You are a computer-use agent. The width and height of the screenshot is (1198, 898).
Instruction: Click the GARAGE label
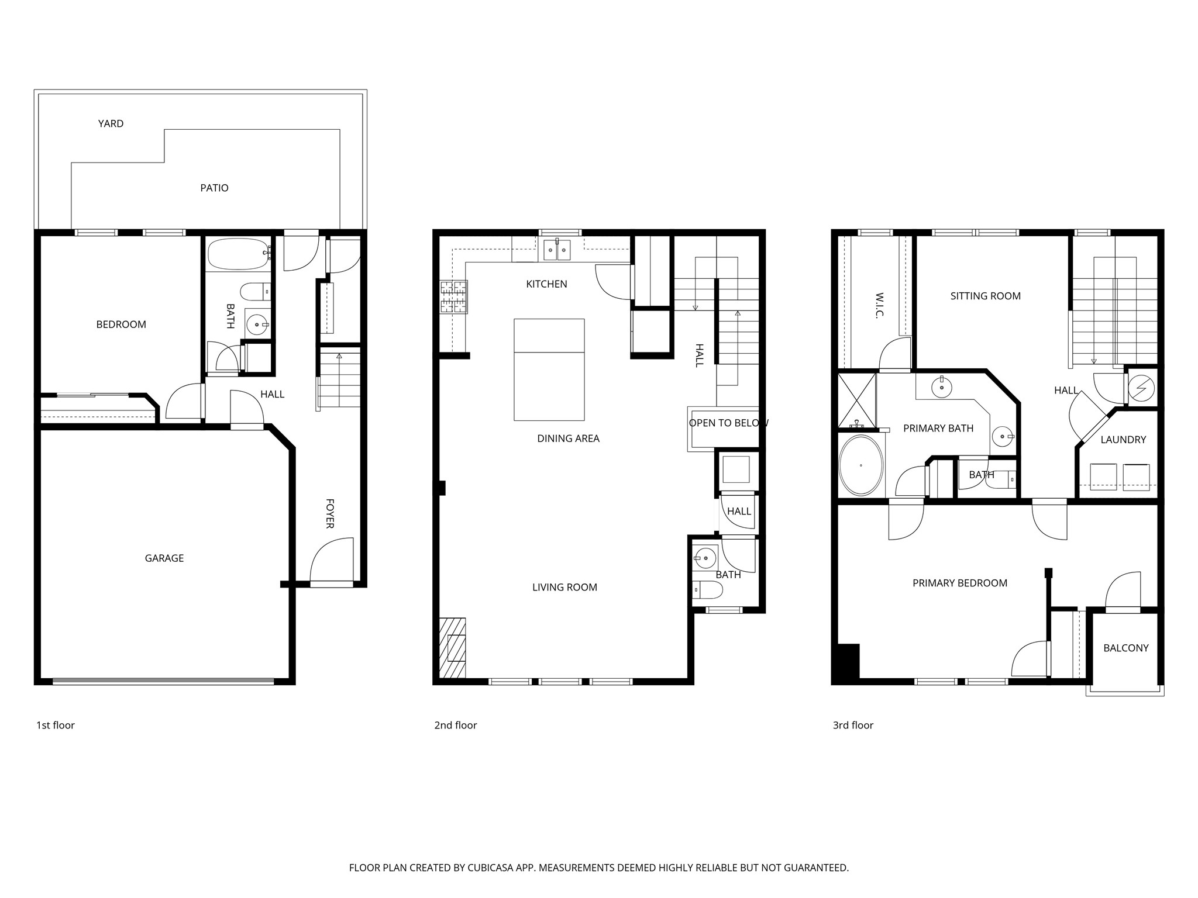164,558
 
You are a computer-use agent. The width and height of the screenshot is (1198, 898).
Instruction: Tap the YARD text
111,123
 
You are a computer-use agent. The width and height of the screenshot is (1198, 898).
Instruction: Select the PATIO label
214,188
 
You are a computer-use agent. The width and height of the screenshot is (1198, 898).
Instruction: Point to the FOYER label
330,513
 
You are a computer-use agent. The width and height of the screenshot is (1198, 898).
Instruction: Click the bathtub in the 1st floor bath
239,254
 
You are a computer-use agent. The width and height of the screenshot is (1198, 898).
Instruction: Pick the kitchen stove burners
454,297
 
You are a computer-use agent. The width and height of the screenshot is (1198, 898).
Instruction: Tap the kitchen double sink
556,250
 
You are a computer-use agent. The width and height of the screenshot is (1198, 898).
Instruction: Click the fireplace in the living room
453,648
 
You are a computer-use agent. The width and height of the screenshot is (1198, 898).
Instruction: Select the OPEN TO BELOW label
728,423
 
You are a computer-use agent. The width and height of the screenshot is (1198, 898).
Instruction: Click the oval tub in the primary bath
861,465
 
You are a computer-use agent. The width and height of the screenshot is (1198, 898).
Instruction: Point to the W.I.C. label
879,306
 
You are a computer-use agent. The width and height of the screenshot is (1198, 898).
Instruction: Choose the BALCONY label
1126,648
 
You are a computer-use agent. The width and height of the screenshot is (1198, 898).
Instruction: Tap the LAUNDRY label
1123,440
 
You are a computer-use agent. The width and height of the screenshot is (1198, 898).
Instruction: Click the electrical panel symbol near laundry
1142,388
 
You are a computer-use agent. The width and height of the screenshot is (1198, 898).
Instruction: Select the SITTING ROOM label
986,296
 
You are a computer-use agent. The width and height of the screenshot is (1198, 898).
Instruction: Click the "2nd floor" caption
456,725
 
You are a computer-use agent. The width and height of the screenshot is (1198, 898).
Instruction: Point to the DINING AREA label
568,438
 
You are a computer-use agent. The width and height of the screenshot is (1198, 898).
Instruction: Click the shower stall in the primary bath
857,400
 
